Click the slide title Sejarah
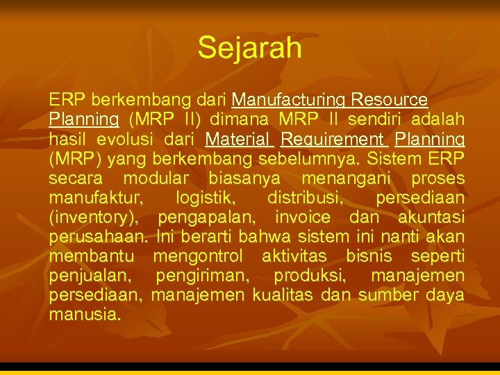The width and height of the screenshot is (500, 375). coord(250,48)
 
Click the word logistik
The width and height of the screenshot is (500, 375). coord(206,198)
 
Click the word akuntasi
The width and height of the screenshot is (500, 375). coord(431,217)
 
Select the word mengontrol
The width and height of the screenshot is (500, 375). coord(198,256)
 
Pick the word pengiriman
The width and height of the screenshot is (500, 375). coord(202,276)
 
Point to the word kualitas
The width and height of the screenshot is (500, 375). coord(283,295)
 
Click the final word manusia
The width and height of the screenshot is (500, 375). coord(84,315)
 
